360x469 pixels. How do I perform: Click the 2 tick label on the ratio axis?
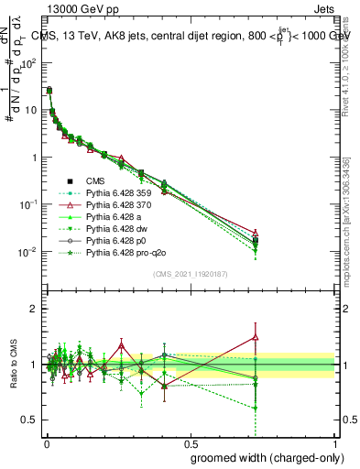tap(34, 309)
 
